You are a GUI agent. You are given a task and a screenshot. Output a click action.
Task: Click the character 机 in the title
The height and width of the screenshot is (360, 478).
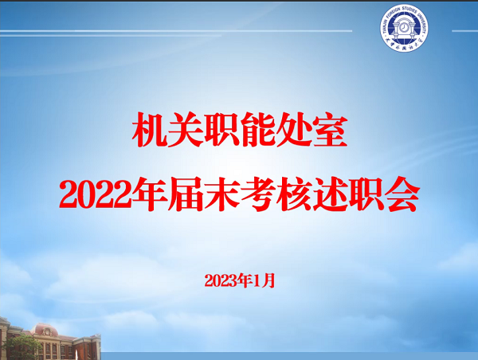(x=150, y=130)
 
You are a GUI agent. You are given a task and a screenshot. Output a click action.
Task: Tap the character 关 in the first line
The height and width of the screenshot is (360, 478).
(x=186, y=130)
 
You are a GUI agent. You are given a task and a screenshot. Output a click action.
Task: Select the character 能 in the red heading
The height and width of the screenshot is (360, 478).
(x=257, y=130)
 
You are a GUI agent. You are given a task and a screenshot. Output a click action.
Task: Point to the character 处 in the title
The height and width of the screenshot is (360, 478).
(x=293, y=130)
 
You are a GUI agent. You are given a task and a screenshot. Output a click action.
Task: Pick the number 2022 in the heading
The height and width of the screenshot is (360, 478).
(x=96, y=195)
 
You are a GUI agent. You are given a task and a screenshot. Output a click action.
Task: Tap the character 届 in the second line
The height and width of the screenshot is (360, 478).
(x=186, y=194)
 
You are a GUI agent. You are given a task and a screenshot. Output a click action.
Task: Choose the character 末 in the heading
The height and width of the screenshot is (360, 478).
(x=221, y=194)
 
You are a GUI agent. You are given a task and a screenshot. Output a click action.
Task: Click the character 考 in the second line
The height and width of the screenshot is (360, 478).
(x=258, y=194)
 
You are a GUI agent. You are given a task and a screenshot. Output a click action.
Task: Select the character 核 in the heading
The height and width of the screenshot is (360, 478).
(x=294, y=194)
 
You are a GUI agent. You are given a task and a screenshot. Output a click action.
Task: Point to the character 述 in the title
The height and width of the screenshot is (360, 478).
(x=330, y=194)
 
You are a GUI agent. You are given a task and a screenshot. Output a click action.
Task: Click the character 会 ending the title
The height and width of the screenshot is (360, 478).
(x=402, y=194)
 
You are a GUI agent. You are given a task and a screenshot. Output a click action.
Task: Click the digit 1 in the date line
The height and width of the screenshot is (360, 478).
(x=257, y=280)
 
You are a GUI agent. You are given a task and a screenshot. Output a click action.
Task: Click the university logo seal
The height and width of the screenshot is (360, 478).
(x=404, y=27)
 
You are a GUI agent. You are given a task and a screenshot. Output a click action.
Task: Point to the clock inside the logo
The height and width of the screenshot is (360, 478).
(x=404, y=28)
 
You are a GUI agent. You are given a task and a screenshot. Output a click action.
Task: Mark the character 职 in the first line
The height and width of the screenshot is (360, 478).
(x=221, y=130)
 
